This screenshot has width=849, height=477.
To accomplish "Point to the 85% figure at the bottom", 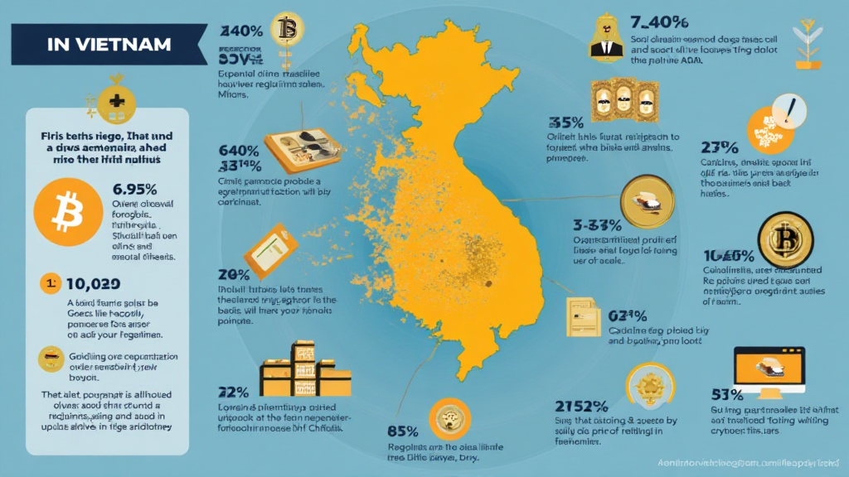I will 401,431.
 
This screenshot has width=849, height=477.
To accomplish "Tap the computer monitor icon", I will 769,369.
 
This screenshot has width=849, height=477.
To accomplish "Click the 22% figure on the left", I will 234,392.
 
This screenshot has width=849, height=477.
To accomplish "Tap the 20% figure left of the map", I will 234,273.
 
